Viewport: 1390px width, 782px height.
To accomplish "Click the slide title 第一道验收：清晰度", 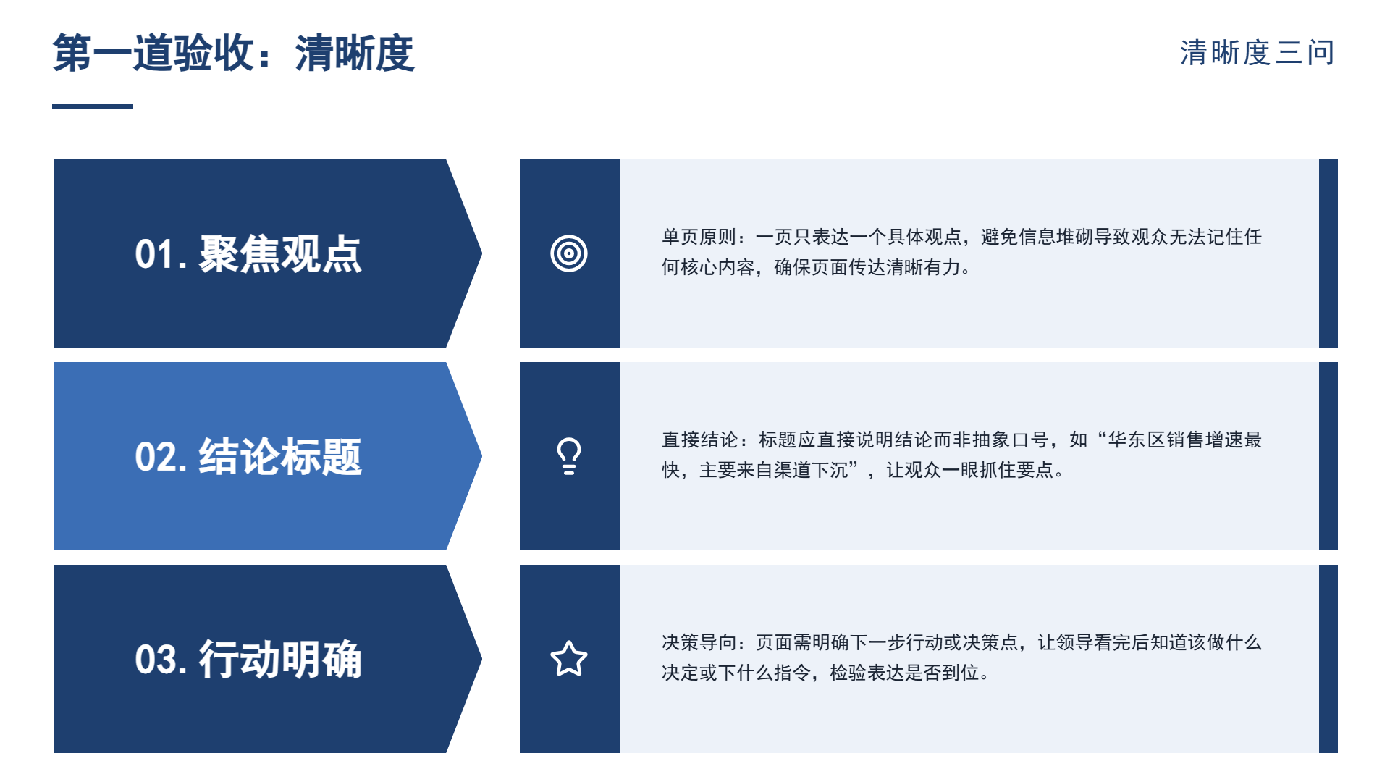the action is [234, 53].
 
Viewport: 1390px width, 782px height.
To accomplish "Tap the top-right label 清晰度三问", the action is [1258, 53].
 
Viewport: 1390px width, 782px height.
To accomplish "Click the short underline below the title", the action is [93, 106].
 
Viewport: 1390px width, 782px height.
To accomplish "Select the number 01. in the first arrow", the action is [161, 255].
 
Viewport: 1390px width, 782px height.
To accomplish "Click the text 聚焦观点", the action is [280, 254].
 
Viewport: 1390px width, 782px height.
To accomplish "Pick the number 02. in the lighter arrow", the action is [161, 458].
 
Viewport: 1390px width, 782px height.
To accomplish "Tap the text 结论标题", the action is [280, 457].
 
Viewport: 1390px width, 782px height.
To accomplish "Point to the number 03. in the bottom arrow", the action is [161, 660].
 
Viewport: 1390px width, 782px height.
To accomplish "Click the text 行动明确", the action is [280, 660].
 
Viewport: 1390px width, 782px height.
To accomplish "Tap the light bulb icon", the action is [569, 456].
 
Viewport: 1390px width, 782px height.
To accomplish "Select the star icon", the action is [569, 659].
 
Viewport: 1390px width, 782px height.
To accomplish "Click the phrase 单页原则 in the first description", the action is [699, 237].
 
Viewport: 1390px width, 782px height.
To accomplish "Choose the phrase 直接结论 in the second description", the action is [699, 440].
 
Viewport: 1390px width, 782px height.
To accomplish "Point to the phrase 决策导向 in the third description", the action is [699, 642].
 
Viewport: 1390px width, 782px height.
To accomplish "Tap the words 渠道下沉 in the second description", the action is [812, 470].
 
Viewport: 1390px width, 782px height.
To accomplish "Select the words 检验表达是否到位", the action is [905, 673].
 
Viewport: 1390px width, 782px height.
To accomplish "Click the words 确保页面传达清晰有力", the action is [867, 267].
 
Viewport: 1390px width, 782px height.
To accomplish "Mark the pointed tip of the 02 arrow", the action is [481, 456].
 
